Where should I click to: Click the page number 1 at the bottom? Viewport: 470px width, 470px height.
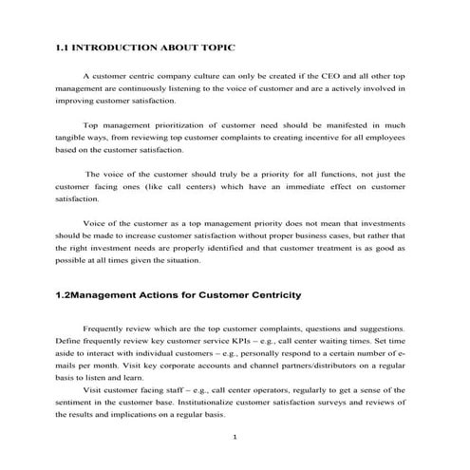pos(234,438)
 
